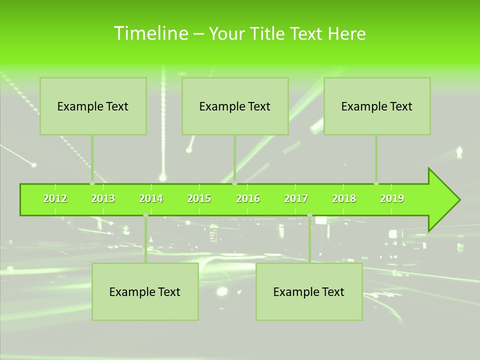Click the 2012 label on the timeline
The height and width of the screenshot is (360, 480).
pos(55,198)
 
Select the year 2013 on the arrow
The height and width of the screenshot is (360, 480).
pos(103,198)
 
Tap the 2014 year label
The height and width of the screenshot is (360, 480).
pos(151,198)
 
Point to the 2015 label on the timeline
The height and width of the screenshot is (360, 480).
pos(199,198)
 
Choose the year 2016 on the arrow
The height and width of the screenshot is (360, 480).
pos(248,198)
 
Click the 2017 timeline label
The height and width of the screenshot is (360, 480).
pos(296,198)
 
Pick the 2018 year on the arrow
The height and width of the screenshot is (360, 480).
pos(344,198)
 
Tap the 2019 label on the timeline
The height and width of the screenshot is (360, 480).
pos(392,198)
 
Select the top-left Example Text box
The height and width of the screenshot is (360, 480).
pos(93,106)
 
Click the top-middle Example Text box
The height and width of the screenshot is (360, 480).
pos(235,106)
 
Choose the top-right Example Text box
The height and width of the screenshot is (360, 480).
pos(377,106)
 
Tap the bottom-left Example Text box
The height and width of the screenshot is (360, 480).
pos(145,291)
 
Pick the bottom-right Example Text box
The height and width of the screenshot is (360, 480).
pos(309,291)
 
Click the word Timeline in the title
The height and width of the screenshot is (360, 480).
pos(150,33)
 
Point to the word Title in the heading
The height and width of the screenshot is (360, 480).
pos(270,34)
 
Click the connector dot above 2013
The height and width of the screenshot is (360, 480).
pos(92,183)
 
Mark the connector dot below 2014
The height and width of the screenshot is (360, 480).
pos(145,215)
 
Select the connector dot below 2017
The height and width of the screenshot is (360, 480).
pos(309,215)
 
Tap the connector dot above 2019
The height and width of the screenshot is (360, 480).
pos(376,183)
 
